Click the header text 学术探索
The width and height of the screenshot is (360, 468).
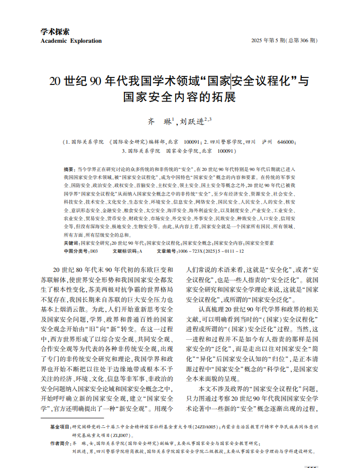pos(56,32)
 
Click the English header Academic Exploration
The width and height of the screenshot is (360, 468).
pos(71,41)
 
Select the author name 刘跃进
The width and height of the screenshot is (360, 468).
pos(191,122)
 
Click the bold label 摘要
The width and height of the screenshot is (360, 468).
pos(69,168)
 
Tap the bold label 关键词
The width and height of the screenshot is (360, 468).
pos(72,243)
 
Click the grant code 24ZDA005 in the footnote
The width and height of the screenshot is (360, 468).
pos(205,427)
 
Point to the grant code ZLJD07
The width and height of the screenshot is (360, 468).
pos(117,435)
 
